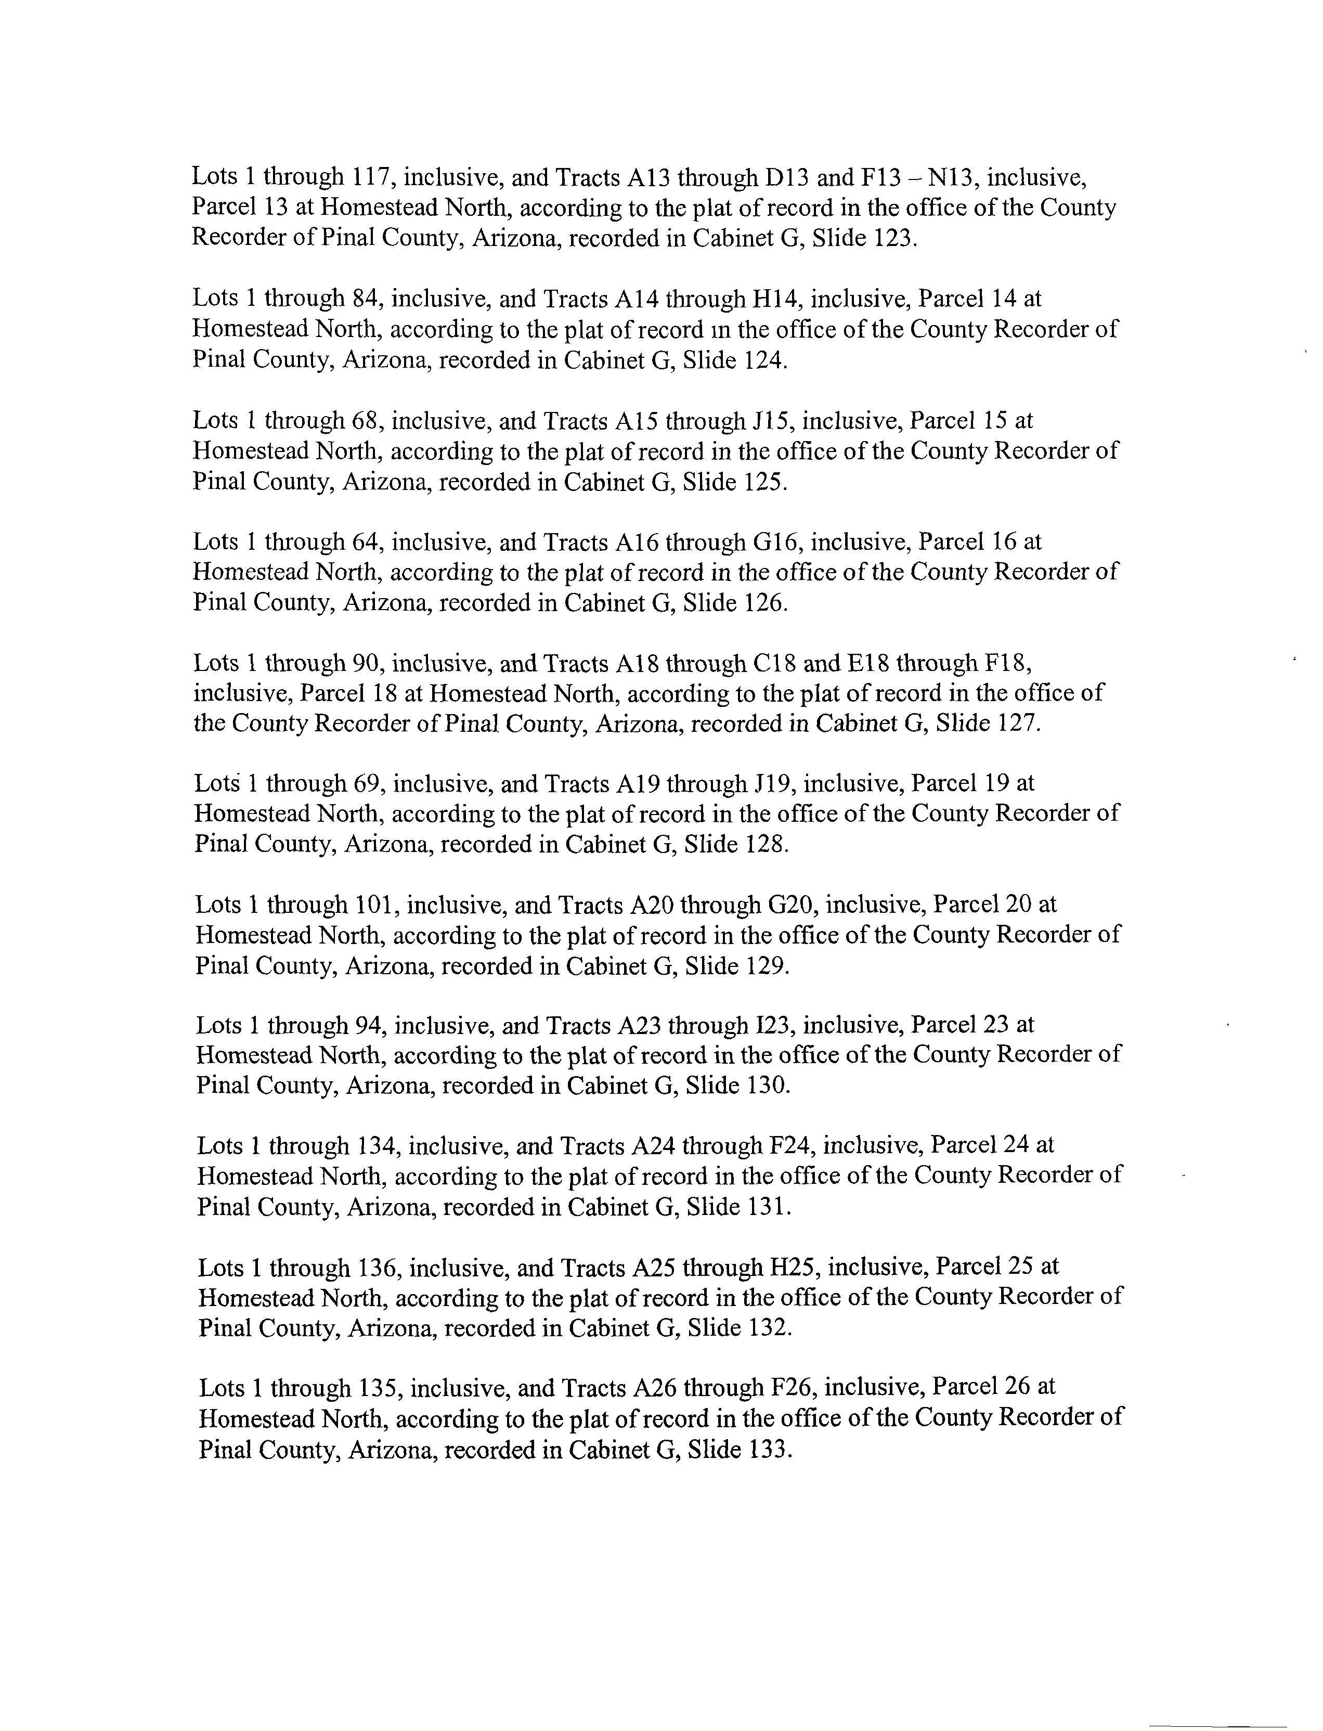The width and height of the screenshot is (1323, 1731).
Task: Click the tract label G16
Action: click(x=778, y=542)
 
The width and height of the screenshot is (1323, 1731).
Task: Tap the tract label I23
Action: click(x=770, y=1025)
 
